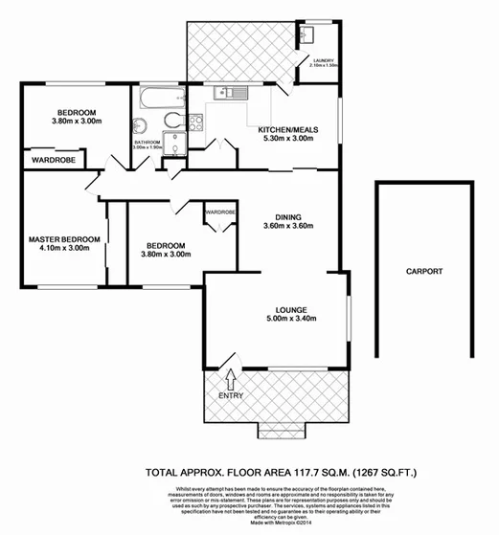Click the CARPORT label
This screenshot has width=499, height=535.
pos(423,272)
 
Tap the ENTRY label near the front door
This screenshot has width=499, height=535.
pos(231,395)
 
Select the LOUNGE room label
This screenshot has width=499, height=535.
pos(291,309)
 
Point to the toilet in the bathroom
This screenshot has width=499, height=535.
pos(172,120)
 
